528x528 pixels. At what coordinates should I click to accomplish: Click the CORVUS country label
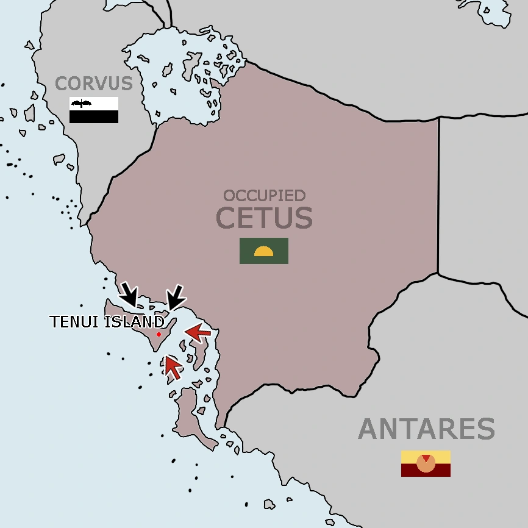93,83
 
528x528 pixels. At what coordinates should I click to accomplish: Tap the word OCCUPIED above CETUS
264,196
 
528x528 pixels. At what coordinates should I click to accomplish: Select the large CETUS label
264,218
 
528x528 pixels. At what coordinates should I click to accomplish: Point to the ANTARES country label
426,429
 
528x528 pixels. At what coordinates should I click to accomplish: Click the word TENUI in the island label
74,322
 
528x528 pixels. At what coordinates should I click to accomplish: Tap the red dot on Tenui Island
159,334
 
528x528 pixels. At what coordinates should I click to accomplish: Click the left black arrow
129,294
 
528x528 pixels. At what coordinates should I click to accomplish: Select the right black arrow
177,297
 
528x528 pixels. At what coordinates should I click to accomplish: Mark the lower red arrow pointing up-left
173,367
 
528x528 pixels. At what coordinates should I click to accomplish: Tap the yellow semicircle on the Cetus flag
264,252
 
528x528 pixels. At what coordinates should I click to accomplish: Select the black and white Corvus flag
93,110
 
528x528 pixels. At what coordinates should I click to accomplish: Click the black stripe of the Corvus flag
93,117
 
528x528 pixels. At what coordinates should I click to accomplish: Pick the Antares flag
426,464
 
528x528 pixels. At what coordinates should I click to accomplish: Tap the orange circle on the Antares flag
426,463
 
